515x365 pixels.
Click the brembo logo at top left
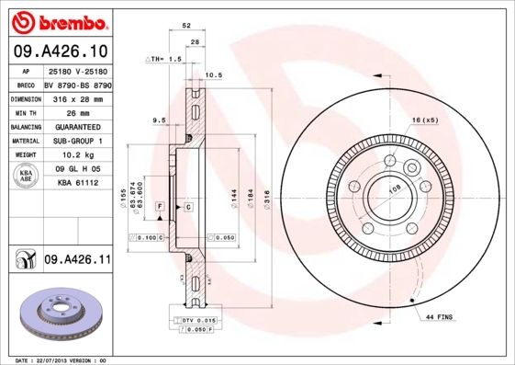57,21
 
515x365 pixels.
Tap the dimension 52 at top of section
186,27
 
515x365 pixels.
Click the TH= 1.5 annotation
166,58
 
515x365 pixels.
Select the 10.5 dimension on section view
214,74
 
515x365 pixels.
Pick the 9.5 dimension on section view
158,120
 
